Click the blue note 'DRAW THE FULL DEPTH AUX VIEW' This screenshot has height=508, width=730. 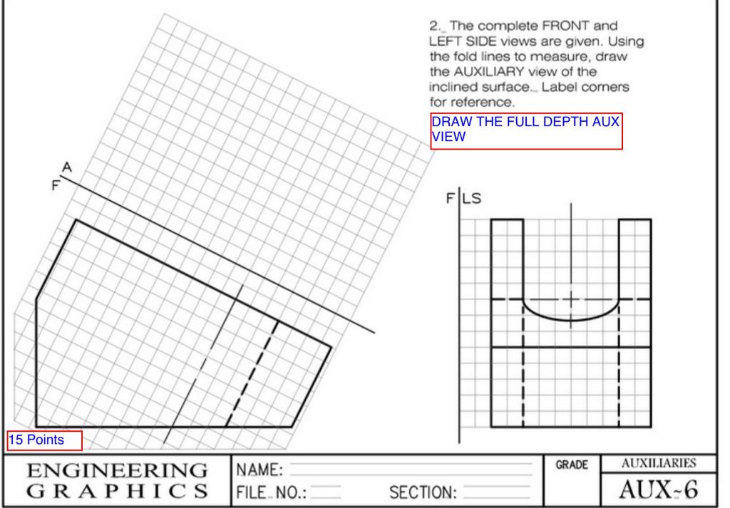[527, 131]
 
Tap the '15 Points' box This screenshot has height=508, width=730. [44, 440]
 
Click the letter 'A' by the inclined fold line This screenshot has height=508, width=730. [68, 167]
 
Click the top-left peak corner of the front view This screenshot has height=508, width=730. [76, 220]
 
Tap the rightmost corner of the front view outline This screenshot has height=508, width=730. [331, 347]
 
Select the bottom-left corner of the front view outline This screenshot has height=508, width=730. [36, 427]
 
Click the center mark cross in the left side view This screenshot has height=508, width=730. [570, 299]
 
